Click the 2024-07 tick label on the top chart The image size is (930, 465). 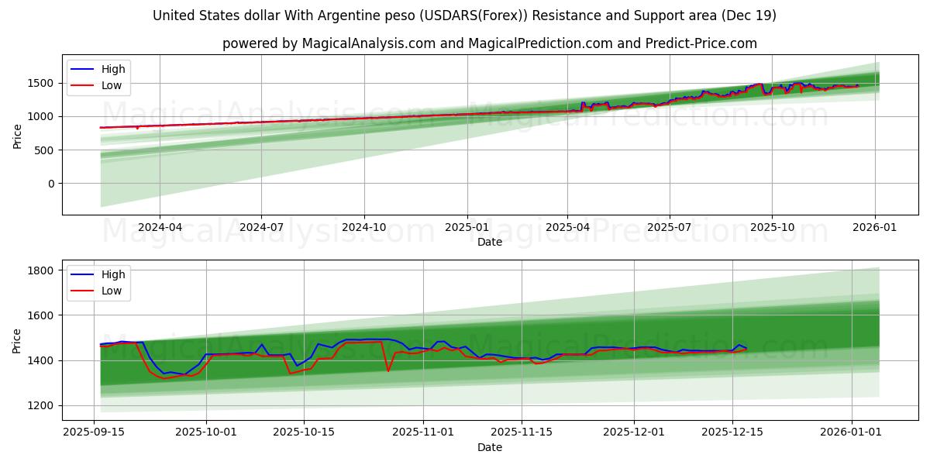[x=261, y=226]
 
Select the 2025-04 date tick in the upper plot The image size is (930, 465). [x=567, y=226]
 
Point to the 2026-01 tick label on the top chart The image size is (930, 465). [x=875, y=226]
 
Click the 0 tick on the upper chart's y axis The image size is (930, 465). [x=51, y=184]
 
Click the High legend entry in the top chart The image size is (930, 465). [x=113, y=69]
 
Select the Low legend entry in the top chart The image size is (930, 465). [x=112, y=85]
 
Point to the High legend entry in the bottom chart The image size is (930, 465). [x=113, y=274]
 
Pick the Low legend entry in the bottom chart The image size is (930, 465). [x=112, y=291]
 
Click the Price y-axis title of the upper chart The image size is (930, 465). [x=18, y=135]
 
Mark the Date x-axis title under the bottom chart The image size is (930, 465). [x=490, y=447]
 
